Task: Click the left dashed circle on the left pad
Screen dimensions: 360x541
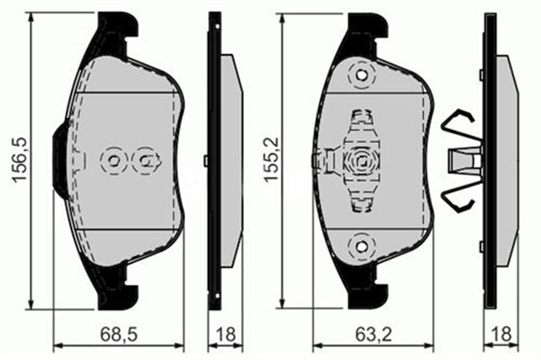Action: tap(112, 160)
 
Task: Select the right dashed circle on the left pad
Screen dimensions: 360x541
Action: tap(146, 160)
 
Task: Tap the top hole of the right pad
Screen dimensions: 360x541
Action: tap(363, 77)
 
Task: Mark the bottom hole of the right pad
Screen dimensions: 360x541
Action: tap(363, 244)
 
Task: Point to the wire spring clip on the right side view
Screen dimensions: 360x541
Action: tap(462, 161)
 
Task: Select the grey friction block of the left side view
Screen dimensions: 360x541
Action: tap(231, 161)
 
